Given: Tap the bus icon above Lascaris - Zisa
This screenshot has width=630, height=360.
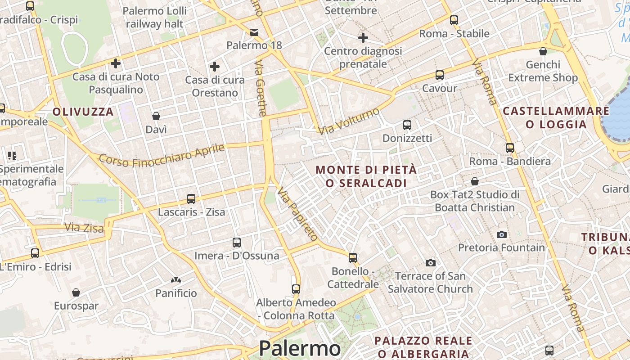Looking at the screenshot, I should (x=191, y=198).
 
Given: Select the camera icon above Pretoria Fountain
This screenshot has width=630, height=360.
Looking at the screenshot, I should (x=501, y=234).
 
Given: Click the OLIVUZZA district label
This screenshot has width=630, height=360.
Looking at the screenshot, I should (x=83, y=112).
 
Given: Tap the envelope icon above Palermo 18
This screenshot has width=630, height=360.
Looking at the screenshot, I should (x=254, y=32).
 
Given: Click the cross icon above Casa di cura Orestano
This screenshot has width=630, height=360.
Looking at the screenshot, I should (x=215, y=67).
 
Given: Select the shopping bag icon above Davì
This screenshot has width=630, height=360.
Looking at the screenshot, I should (x=156, y=117).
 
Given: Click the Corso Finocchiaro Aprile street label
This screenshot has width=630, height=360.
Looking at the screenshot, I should (x=162, y=154).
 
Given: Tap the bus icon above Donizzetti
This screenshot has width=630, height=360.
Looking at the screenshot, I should (x=407, y=125).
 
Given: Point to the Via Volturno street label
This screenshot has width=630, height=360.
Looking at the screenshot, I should (x=349, y=121).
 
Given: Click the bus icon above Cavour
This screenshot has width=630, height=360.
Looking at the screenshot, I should (x=440, y=75).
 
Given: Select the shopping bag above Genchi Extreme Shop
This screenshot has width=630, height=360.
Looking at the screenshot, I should (x=543, y=51).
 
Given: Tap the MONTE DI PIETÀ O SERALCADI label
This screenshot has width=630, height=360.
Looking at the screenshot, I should (x=366, y=176).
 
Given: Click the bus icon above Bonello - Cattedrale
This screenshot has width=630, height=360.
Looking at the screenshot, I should (x=353, y=258).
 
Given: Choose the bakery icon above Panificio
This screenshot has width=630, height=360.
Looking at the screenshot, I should (x=176, y=280).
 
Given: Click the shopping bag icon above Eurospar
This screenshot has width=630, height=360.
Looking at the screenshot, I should (x=76, y=292).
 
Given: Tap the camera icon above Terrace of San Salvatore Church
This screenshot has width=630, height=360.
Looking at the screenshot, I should (x=431, y=263).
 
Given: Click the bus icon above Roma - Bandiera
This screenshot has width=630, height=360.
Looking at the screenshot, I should (x=510, y=148).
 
